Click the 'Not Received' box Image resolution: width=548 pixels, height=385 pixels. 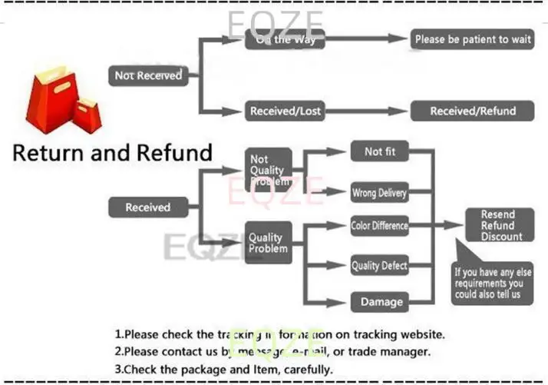148,75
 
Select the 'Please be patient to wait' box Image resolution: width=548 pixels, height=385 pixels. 472,39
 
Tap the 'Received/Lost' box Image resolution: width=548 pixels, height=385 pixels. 285,111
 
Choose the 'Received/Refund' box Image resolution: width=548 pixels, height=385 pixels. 472,111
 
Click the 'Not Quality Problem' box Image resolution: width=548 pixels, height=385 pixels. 268,170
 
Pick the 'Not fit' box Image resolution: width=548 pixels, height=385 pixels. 380,152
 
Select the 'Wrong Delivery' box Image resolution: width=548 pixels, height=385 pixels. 379,192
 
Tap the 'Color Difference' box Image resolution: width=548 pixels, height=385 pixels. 379,226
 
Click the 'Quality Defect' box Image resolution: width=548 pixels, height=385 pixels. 379,266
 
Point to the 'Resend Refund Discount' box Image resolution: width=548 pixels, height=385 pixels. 497,225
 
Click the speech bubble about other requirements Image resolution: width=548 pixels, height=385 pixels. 491,281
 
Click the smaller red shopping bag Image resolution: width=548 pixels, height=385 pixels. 86,115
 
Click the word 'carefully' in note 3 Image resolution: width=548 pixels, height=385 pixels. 306,369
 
